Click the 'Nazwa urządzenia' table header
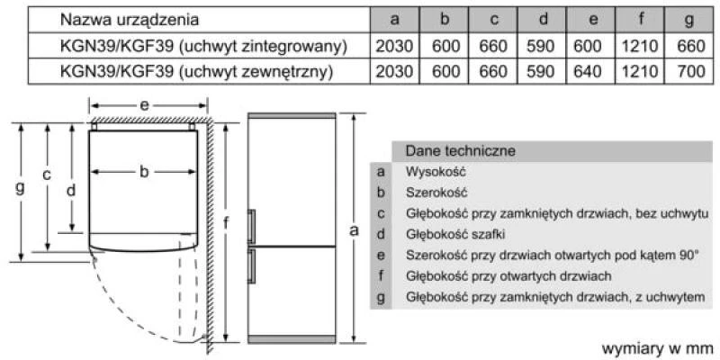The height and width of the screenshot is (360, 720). point(130,20)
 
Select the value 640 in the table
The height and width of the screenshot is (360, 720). point(589,71)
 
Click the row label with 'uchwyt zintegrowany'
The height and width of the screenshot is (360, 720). point(203,46)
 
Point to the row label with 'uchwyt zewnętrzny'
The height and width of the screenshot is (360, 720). point(196,71)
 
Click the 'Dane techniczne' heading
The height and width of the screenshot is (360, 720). point(461,150)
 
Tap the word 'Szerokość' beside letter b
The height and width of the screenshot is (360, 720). point(436,193)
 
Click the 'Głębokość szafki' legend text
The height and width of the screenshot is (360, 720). point(455,235)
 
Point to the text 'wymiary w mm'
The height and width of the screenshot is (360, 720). point(658,347)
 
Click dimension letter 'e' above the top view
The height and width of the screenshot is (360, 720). point(145,105)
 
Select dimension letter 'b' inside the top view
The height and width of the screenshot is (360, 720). point(144,172)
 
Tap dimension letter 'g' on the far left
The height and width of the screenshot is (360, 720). point(20,187)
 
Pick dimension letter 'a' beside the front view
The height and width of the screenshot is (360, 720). point(354,230)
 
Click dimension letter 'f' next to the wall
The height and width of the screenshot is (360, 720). point(226,222)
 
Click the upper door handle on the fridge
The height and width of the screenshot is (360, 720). point(251,226)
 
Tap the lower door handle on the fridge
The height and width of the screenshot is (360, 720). point(251,266)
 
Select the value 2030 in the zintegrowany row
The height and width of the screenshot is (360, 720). point(394,46)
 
